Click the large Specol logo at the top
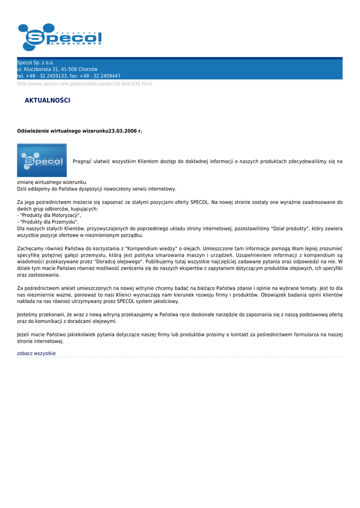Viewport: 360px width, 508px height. pos(60,37)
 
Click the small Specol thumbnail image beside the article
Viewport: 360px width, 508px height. pos(42,160)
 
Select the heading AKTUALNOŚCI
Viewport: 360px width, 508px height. pos(47,101)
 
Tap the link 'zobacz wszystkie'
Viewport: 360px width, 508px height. pos(36,353)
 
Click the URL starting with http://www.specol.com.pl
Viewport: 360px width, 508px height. pos(84,84)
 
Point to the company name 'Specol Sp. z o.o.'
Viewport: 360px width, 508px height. pos(35,63)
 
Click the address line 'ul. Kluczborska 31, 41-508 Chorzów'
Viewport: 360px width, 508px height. pos(57,69)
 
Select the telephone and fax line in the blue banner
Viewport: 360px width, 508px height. pos(69,76)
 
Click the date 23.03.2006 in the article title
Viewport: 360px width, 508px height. pos(125,131)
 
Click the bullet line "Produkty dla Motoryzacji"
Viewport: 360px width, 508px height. pos(50,215)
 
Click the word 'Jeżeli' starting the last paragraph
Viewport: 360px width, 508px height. pos(24,335)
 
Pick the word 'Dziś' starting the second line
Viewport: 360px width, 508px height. pos(22,189)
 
